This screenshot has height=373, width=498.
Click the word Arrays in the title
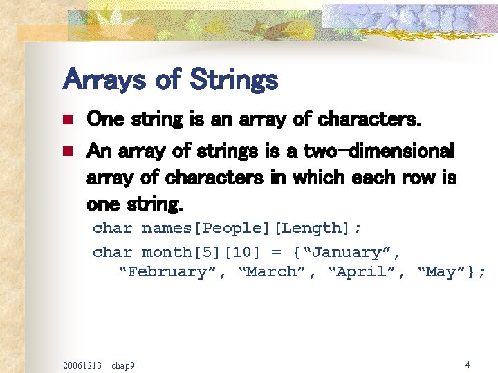coord(104,79)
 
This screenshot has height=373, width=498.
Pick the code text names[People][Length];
coord(252,228)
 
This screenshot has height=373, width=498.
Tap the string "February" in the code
coord(165,271)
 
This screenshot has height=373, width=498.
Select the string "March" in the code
coord(273,271)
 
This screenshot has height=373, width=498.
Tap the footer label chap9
coord(123,364)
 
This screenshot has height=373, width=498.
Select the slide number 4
coord(468,364)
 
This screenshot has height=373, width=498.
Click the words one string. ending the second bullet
coord(136,205)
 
